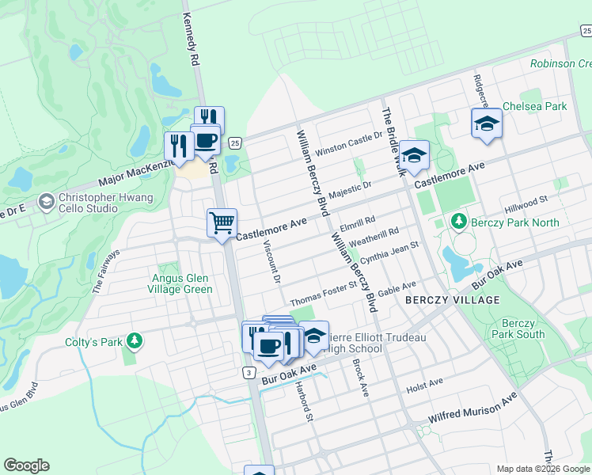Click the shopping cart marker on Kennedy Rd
click(x=222, y=222)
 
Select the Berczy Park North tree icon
click(x=457, y=220)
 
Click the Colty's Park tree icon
click(x=135, y=341)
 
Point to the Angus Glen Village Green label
click(x=182, y=283)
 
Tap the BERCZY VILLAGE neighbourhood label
click(x=453, y=300)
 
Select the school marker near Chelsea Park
click(x=487, y=123)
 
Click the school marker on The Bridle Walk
click(x=413, y=155)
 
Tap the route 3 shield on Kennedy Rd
click(x=249, y=372)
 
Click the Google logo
click(x=26, y=465)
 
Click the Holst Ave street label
click(x=424, y=384)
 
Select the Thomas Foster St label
click(x=324, y=297)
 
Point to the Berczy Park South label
click(x=523, y=329)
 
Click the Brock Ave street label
click(x=360, y=378)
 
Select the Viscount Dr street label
click(x=270, y=262)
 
